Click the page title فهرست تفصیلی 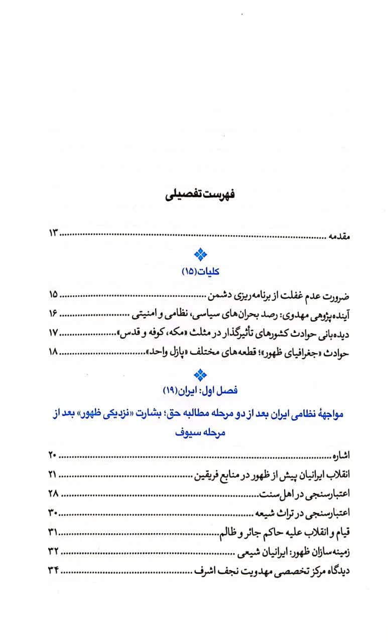tap(194, 195)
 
